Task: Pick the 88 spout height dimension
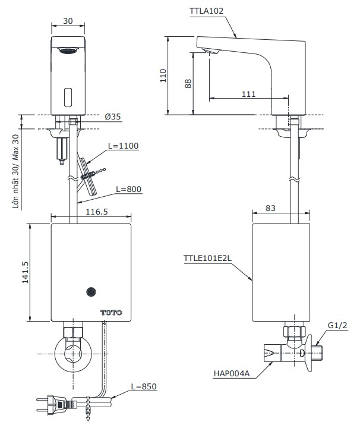coord(188,83)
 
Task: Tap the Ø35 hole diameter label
coord(112,117)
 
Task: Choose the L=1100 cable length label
coord(123,146)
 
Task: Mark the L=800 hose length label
coord(128,189)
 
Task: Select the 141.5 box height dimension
coord(26,273)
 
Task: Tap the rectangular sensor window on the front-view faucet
coord(67,95)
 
